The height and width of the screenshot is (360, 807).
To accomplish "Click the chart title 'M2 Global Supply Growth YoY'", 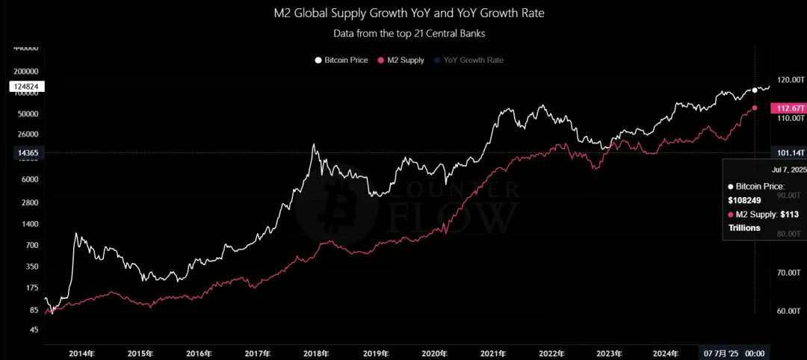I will [403, 13].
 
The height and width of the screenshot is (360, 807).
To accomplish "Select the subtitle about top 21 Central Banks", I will [403, 33].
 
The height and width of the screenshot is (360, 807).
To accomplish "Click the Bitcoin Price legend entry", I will [341, 60].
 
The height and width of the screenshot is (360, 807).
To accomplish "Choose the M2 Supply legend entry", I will [402, 60].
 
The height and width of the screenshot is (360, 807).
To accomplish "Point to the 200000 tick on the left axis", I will [26, 71].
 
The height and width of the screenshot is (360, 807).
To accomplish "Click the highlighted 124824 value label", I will [27, 87].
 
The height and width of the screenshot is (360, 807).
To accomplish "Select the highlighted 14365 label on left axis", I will [27, 152].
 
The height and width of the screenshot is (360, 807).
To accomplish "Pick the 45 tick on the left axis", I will [33, 329].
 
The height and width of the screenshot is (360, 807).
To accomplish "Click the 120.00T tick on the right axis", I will [791, 79].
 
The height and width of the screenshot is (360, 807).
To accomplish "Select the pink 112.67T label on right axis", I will [789, 108].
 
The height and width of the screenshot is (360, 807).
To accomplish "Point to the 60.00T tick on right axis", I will [790, 311].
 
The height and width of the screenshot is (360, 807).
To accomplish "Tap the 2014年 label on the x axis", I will [83, 353].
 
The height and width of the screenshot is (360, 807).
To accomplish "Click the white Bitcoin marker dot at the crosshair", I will [755, 90].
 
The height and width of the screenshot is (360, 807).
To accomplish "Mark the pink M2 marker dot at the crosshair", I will [755, 108].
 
